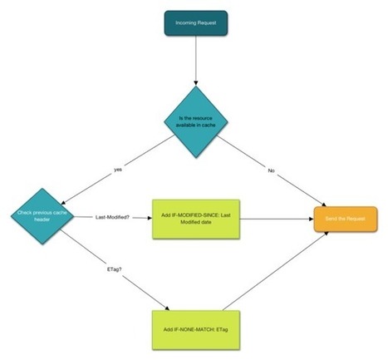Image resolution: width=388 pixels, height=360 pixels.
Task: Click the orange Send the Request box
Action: tap(342, 218)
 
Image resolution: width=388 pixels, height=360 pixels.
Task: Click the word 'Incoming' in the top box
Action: tap(184, 22)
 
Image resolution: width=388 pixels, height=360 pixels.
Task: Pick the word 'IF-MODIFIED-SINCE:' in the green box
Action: tap(192, 214)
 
